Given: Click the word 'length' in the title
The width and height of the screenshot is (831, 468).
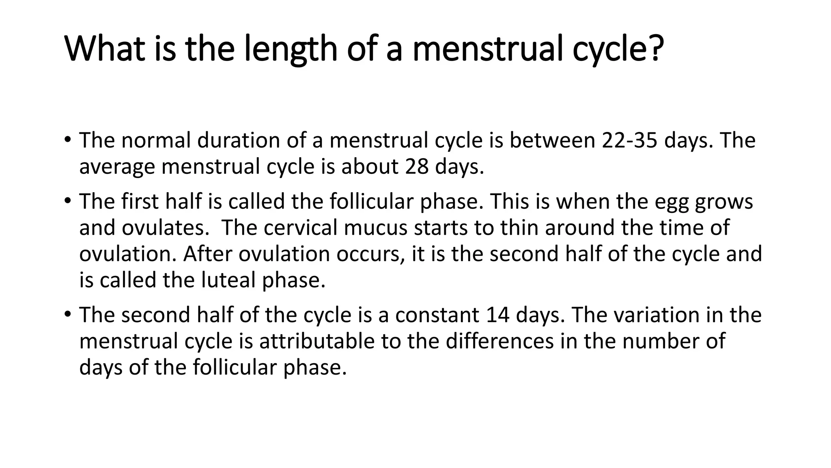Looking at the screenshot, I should click(x=291, y=49).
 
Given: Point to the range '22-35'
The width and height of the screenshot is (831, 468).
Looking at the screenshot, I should click(x=629, y=141).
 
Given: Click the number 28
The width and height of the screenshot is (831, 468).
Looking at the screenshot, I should click(x=417, y=167).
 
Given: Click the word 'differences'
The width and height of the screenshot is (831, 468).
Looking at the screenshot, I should click(x=499, y=341).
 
